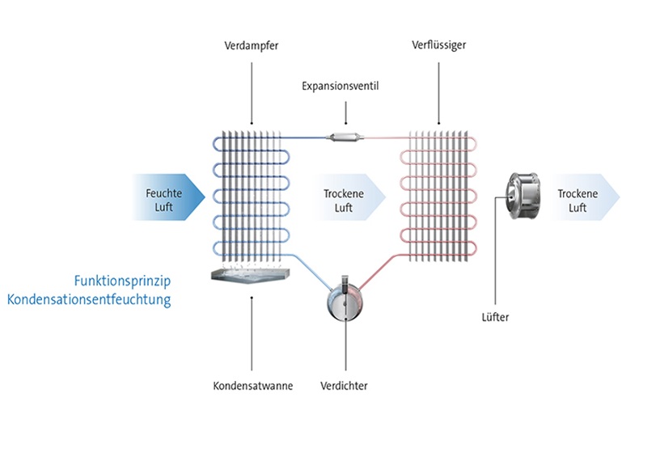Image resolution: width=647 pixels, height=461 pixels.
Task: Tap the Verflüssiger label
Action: [x=438, y=44]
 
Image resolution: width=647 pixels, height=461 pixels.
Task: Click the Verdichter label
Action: [x=345, y=386]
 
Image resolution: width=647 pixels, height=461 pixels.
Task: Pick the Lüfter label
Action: [x=495, y=318]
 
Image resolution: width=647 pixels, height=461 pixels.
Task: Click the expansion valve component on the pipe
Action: [x=344, y=137]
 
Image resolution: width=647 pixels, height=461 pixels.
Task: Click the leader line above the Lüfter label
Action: [x=495, y=275]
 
